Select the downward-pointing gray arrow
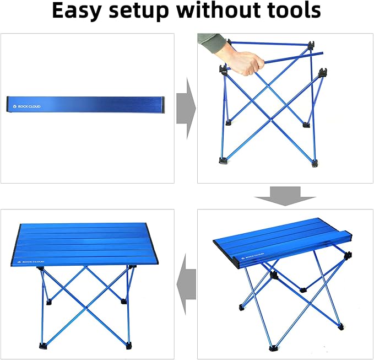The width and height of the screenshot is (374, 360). [x=285, y=196]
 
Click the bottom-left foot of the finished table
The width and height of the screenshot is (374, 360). [x=43, y=346]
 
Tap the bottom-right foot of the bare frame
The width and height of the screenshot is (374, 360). [x=314, y=163]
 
